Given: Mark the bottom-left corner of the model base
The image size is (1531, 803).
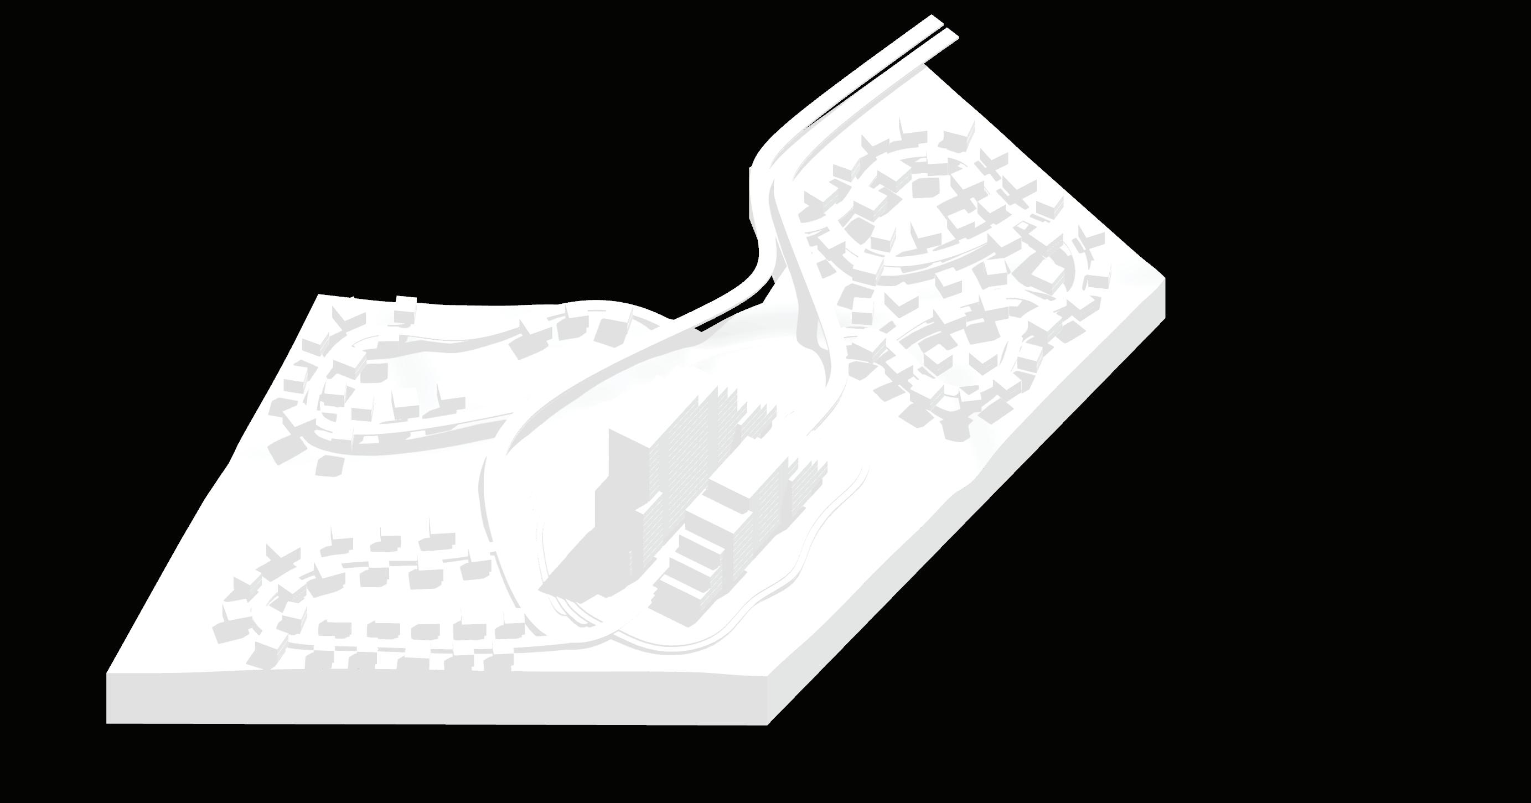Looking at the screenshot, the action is tap(107, 723).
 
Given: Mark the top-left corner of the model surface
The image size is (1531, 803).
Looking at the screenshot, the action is tap(319, 294).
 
